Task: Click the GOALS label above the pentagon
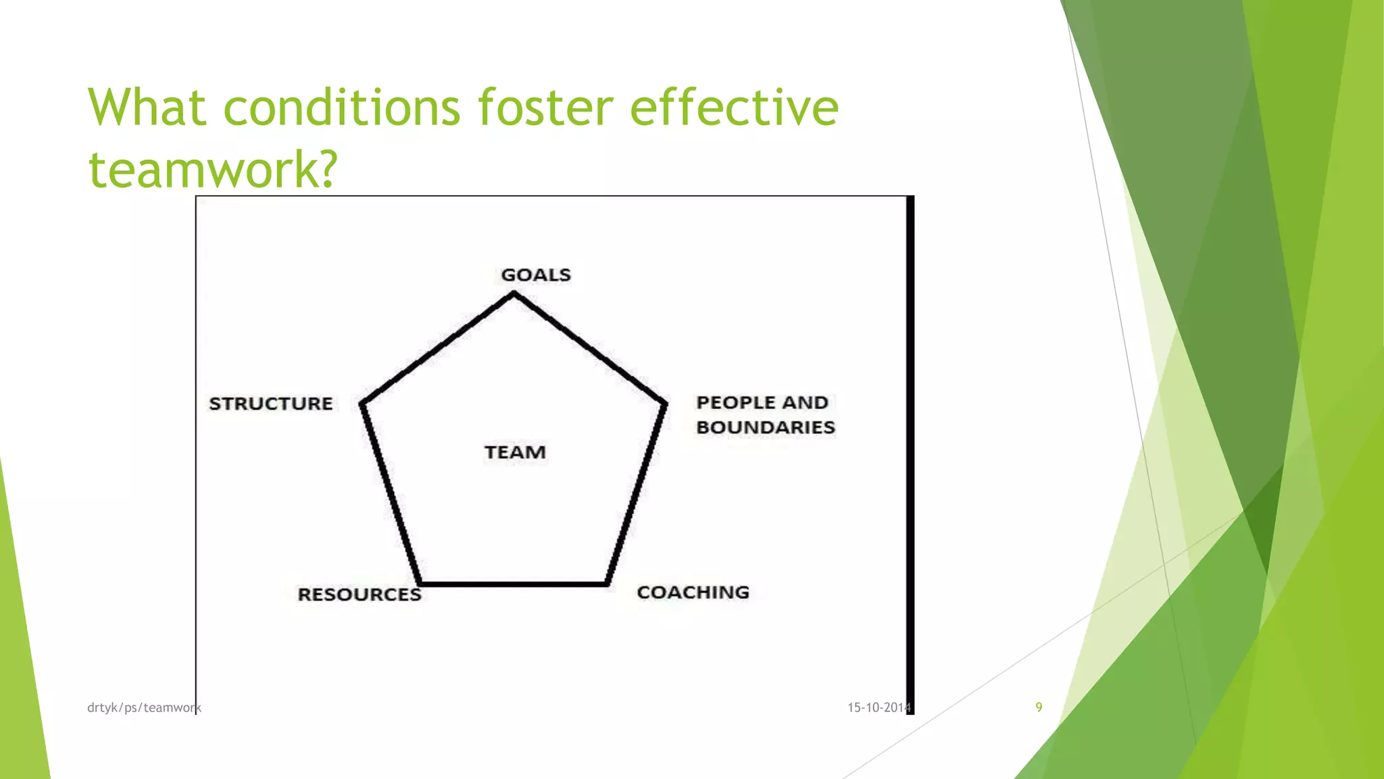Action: [535, 275]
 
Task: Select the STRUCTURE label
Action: [270, 404]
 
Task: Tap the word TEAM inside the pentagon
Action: [515, 452]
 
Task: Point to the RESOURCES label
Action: [359, 594]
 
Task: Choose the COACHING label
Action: [693, 592]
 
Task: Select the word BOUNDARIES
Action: [766, 427]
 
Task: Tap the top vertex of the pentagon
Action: [514, 293]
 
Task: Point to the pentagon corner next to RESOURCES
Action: [420, 583]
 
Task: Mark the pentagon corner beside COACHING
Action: [607, 583]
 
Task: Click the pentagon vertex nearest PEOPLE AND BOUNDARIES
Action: [665, 404]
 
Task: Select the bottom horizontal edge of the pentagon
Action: [514, 584]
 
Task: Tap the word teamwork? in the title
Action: [212, 169]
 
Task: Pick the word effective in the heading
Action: [734, 108]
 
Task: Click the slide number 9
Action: [1039, 707]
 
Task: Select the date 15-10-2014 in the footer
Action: [879, 708]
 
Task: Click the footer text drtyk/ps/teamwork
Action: [144, 708]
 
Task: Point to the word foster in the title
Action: [545, 108]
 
